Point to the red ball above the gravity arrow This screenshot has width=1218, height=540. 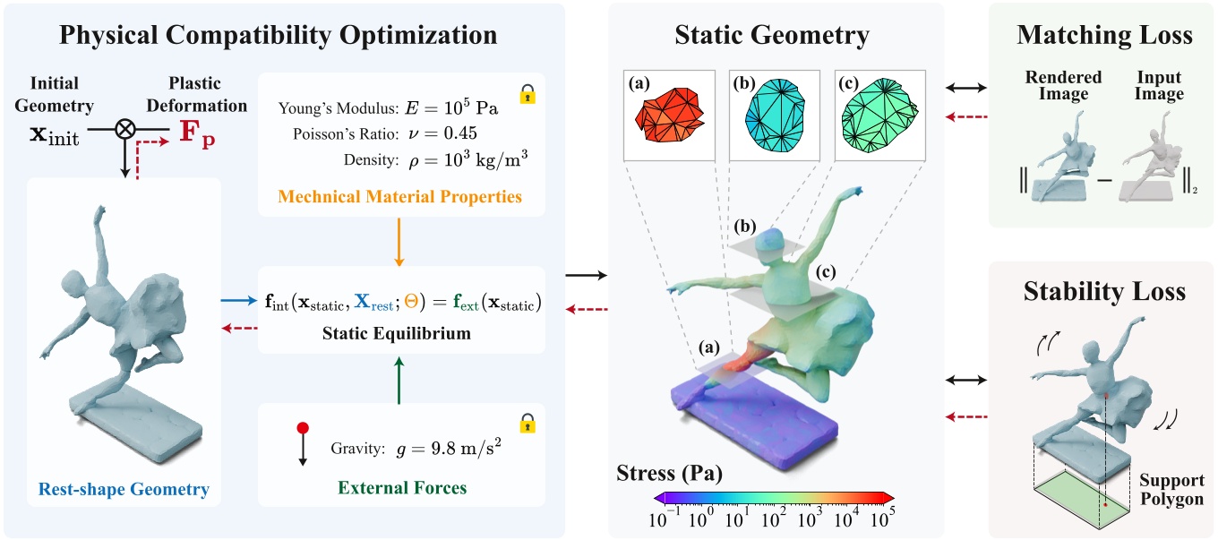[303, 428]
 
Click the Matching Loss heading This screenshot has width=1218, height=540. [1104, 36]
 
